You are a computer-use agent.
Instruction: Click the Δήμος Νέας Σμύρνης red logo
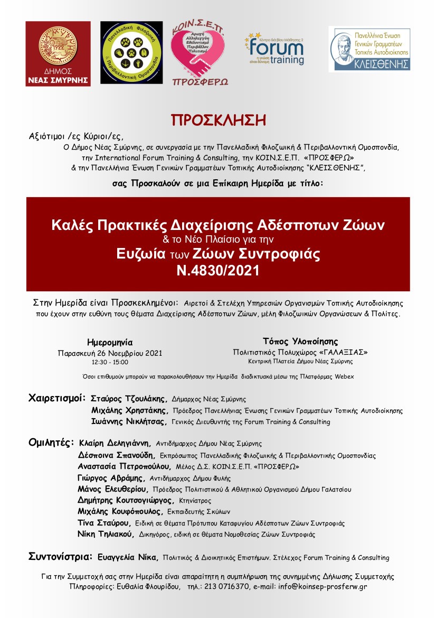[x=58, y=53]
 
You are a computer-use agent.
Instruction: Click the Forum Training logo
[x=274, y=49]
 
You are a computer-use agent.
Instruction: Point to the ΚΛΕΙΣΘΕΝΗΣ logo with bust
[x=369, y=49]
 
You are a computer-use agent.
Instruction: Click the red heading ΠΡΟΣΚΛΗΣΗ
[x=217, y=119]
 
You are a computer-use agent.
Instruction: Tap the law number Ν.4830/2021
[x=218, y=271]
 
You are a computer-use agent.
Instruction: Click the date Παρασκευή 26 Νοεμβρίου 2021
[x=110, y=353]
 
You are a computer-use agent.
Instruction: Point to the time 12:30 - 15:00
[x=110, y=363]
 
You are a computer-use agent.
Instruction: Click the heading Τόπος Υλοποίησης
[x=300, y=341]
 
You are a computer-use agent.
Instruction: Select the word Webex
[x=344, y=376]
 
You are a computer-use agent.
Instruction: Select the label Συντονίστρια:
[x=61, y=557]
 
